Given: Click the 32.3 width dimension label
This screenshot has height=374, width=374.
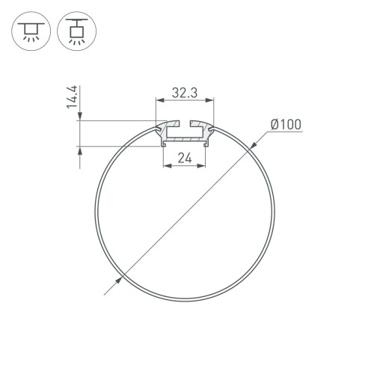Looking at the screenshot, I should pos(184,93).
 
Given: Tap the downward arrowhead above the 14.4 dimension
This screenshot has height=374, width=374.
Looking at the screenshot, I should pos(79,116).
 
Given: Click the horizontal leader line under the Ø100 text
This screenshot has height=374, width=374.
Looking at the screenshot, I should pos(285,132).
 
